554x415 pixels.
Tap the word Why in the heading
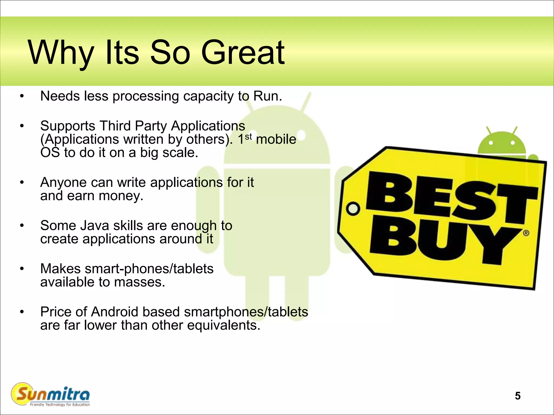click(x=61, y=53)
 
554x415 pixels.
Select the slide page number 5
click(x=517, y=396)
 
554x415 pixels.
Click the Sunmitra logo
click(x=51, y=395)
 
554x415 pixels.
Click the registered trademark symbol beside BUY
click(x=526, y=233)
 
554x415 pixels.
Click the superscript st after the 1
click(x=248, y=136)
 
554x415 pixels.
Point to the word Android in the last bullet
click(x=115, y=312)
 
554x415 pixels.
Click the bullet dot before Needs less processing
click(x=22, y=96)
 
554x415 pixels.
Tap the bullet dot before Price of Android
click(x=22, y=312)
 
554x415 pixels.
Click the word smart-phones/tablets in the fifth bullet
click(x=149, y=269)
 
